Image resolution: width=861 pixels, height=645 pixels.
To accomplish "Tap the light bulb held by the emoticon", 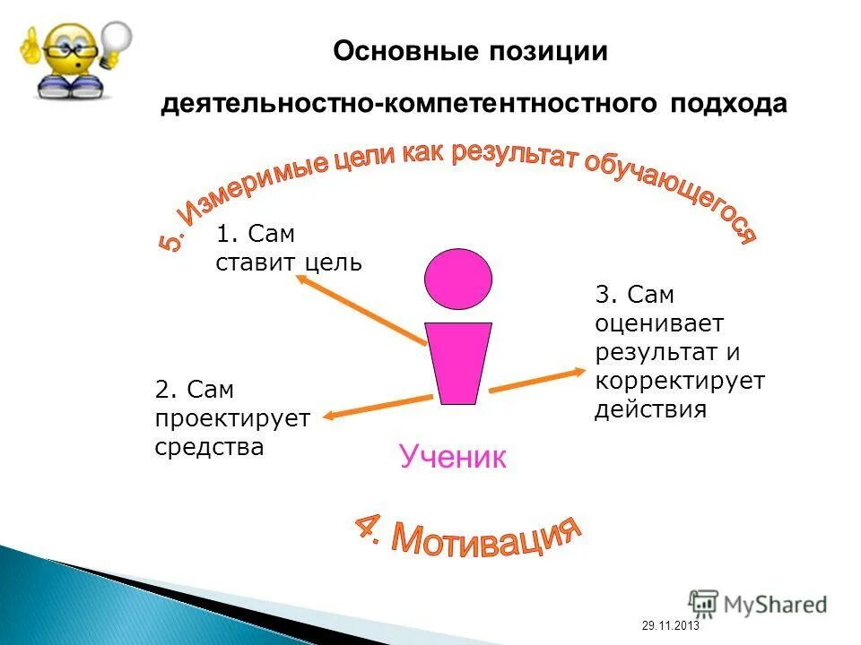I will point(116,41).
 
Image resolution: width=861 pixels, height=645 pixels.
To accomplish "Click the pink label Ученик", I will point(453,457).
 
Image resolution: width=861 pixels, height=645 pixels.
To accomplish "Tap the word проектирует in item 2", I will point(231,418).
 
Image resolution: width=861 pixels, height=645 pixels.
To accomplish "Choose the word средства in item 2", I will point(209,447).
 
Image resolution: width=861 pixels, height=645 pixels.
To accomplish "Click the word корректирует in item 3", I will point(679,381).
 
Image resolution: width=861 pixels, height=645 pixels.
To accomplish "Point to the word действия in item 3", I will point(650,410).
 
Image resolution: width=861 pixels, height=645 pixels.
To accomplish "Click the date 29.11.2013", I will point(670,626).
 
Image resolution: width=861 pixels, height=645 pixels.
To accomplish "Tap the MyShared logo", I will point(758,604).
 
